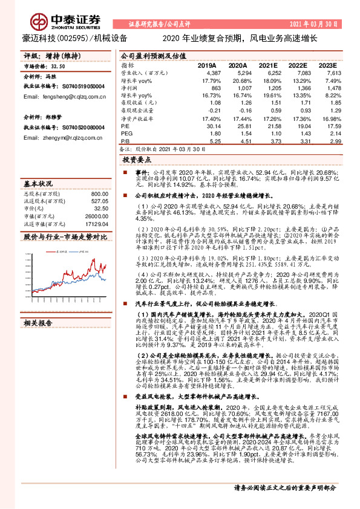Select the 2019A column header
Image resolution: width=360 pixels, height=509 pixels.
[207, 65]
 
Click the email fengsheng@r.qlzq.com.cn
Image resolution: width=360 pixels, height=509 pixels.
[62, 97]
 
